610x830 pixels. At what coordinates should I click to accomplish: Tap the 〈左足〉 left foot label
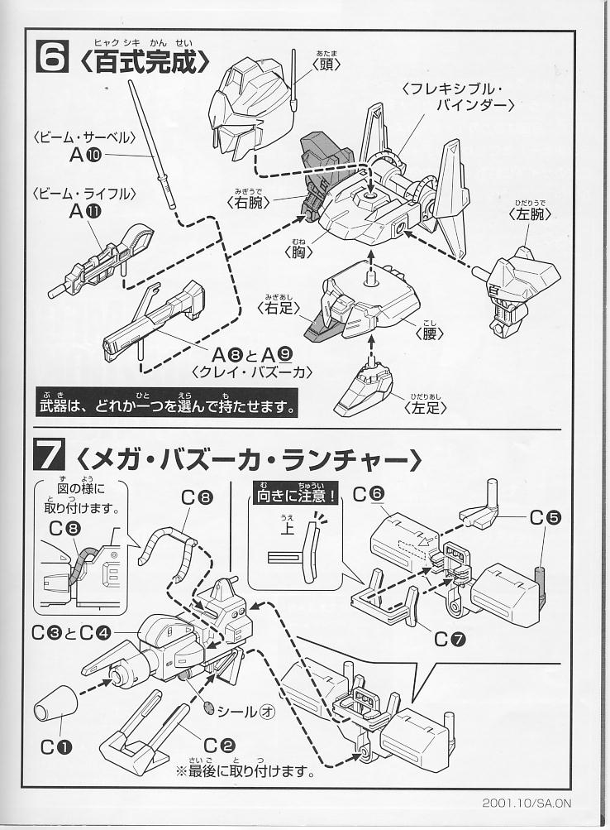[425, 407]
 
